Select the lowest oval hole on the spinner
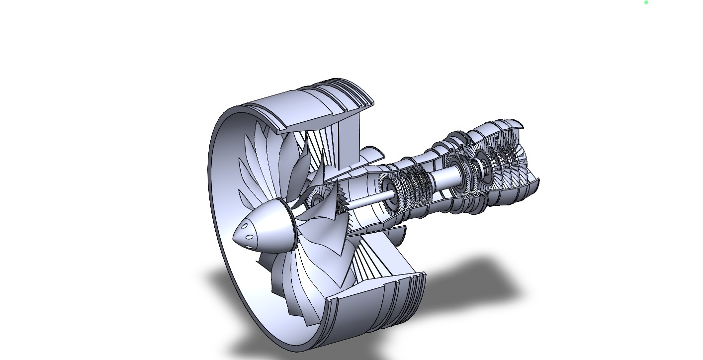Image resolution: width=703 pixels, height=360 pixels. tap(250, 247)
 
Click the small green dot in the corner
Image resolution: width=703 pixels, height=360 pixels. tap(646, 2)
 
